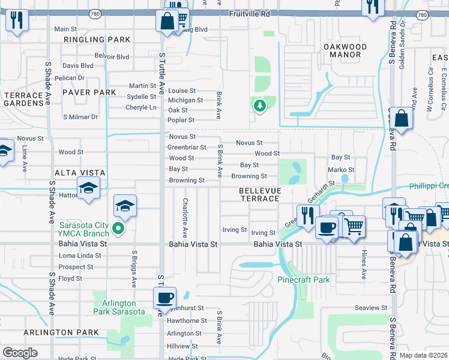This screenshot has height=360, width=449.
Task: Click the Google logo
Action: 19,353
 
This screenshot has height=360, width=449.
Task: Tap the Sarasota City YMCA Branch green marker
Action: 119,227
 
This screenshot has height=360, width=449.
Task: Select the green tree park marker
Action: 259,106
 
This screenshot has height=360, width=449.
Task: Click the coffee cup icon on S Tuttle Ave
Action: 164,297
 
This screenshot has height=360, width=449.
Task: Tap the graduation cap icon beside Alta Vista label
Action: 88,188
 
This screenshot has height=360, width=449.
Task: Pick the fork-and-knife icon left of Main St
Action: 16,21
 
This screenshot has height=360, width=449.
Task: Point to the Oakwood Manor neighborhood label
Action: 345,50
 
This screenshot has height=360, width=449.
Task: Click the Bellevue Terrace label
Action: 259,194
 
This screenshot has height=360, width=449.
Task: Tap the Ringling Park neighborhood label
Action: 97,40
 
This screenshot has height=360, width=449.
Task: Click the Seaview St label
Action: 371,308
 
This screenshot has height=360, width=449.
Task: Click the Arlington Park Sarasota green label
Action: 119,307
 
